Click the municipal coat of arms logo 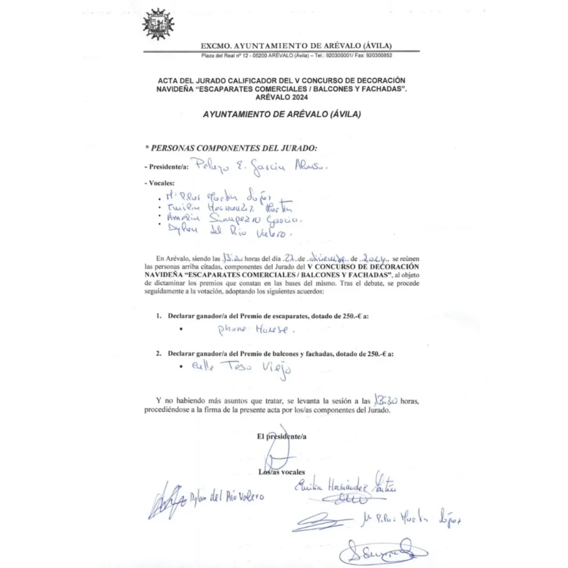(x=158, y=24)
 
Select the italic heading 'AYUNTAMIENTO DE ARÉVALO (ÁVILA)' (x=281, y=115)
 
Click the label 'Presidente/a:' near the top (x=166, y=166)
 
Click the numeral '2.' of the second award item (x=159, y=353)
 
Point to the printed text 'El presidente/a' (x=281, y=437)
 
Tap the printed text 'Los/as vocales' (x=281, y=472)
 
